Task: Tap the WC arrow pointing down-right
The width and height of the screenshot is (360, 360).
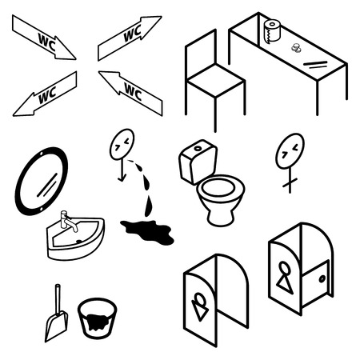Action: [x=44, y=38]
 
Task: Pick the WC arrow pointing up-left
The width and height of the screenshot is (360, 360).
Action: [x=130, y=91]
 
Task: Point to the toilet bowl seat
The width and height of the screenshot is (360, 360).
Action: [x=220, y=191]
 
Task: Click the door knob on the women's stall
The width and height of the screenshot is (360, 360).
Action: [x=321, y=279]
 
